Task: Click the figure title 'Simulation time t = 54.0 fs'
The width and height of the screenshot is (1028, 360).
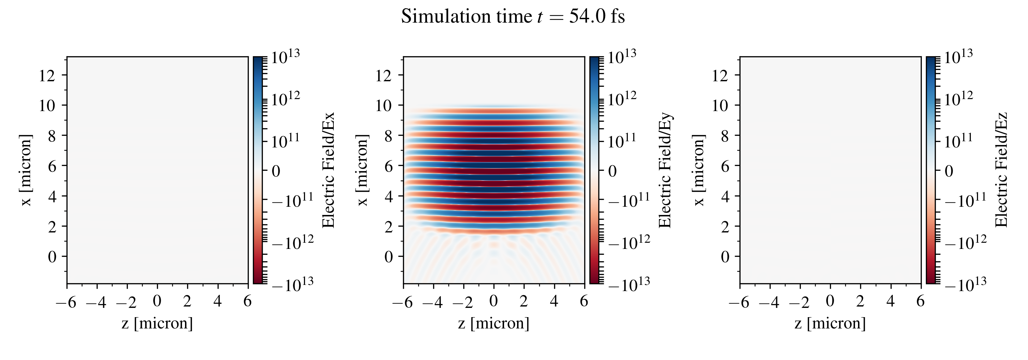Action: [x=513, y=17]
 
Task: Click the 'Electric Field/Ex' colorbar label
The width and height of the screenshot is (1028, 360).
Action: [x=328, y=170]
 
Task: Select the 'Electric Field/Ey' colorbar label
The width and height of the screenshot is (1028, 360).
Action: [x=665, y=170]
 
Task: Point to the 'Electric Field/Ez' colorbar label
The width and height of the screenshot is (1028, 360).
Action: [x=1001, y=170]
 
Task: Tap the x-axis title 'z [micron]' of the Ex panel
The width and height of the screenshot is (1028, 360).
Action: [x=157, y=323]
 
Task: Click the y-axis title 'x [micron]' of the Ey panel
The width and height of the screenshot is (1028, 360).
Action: [x=362, y=170]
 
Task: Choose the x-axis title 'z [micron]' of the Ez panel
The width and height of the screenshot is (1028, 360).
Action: [x=830, y=323]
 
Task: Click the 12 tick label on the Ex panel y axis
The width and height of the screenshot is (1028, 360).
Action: [x=47, y=75]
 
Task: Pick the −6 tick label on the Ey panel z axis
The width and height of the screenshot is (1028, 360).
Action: [x=402, y=302]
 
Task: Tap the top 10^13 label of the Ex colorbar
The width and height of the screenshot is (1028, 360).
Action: [x=285, y=58]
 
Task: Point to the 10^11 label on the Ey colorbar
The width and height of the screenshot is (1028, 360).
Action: [x=622, y=141]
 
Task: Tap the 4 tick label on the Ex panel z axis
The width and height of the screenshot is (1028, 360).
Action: [x=218, y=301]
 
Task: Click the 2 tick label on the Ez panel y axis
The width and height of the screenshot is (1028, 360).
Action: [x=725, y=226]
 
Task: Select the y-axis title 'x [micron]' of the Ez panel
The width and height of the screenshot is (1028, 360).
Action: [x=699, y=170]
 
